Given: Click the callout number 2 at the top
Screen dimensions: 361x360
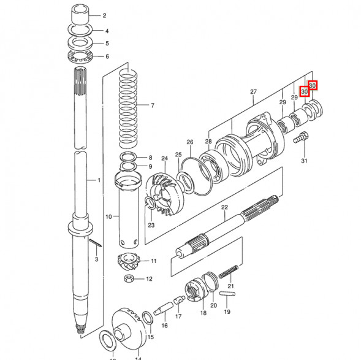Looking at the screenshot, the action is tap(105, 16).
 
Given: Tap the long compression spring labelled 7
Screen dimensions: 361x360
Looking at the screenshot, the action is tap(129, 109).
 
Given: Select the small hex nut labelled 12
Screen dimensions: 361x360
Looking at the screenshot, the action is tap(129, 278).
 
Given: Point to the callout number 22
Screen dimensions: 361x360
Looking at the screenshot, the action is tap(224, 207).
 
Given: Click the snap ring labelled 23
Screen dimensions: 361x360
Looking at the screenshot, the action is tap(150, 203).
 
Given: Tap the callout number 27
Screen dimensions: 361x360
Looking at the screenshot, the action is tap(253, 91).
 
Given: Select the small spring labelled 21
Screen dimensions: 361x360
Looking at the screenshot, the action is tap(228, 272).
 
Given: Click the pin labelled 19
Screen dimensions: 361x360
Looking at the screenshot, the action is tap(227, 294).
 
